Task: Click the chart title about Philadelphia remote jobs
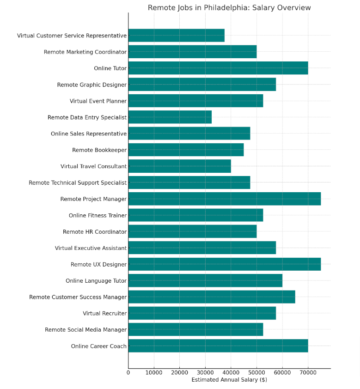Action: point(229,8)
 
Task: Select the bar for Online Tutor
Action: point(218,68)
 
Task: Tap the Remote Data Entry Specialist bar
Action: point(170,117)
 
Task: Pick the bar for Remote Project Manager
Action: point(224,199)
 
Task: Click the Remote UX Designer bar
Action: point(224,264)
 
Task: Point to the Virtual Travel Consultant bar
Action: point(179,166)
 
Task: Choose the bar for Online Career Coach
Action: point(218,346)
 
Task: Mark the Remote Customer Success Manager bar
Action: point(211,297)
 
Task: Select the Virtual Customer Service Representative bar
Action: point(176,36)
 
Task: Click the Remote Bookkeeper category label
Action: point(99,150)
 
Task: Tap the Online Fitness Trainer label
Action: point(98,215)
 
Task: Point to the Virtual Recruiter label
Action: point(104,313)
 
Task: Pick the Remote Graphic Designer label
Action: point(92,85)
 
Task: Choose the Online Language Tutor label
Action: point(96,281)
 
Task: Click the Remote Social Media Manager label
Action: point(85,330)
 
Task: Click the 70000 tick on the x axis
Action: point(308,372)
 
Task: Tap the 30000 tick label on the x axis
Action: point(205,372)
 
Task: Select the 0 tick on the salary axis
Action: point(128,372)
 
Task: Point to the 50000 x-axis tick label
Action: point(256,372)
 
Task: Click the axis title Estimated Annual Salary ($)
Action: point(229,380)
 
